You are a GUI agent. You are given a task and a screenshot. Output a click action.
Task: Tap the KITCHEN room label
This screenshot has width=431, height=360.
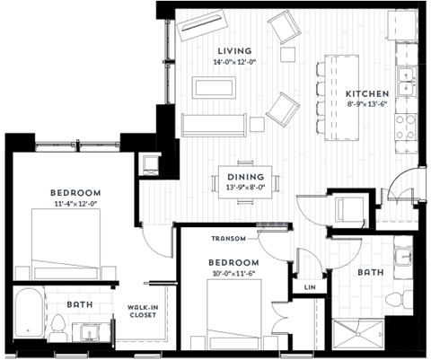point(367,93)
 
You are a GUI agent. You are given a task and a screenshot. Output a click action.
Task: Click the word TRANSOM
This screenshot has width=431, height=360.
point(228,239)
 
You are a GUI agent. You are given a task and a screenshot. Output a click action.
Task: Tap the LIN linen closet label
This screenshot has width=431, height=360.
point(308,288)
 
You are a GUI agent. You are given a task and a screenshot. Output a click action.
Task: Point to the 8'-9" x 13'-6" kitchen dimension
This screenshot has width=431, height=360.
point(367,104)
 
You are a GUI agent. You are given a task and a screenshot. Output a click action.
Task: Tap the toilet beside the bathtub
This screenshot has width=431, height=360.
point(59,330)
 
